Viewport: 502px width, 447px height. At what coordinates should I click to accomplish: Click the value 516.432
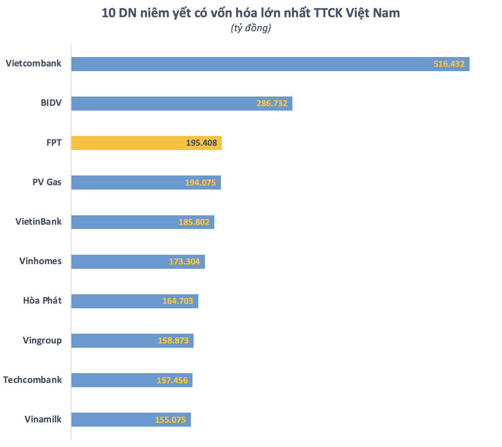[449, 64]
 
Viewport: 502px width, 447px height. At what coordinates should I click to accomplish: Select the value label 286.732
[272, 104]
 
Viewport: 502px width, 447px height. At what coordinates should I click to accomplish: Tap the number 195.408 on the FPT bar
[201, 143]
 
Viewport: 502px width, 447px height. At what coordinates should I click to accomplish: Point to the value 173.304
[184, 262]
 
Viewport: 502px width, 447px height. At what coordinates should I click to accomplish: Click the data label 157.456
[172, 380]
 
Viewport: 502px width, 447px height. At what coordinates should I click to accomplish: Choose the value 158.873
[173, 341]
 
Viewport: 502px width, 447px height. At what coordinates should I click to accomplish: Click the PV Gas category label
[47, 182]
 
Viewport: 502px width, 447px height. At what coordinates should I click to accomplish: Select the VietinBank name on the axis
[39, 222]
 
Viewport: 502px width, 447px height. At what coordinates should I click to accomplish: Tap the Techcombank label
[32, 380]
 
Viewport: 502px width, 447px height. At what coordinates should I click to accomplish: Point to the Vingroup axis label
[42, 340]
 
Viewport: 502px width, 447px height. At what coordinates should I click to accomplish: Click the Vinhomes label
[41, 261]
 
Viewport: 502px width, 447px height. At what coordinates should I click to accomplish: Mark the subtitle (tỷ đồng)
[251, 28]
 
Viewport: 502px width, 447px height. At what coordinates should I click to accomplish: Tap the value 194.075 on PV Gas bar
[200, 182]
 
